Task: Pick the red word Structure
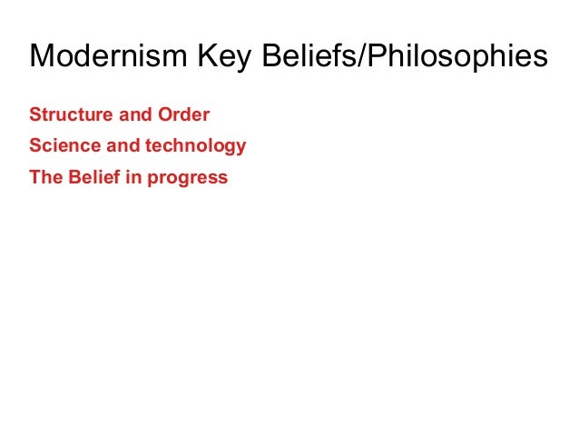(65, 115)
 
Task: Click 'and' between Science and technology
(114, 146)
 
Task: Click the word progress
(189, 178)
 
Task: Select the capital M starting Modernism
(41, 57)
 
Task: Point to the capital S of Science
(35, 146)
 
